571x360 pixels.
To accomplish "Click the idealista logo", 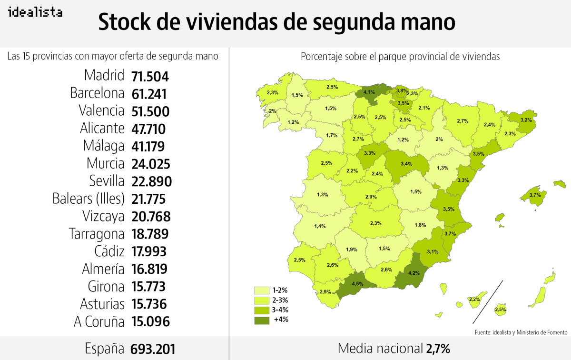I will tap(35, 12).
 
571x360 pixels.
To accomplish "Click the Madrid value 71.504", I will tap(150, 76).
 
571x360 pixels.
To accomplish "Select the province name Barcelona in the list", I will tap(97, 93).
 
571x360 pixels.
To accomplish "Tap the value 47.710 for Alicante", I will tap(149, 129).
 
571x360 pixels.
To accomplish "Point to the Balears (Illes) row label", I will tap(88, 199).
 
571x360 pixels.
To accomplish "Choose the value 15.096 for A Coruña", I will tap(150, 322).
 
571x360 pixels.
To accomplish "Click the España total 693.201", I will tap(153, 349).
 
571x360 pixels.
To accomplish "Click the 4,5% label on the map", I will tap(357, 284).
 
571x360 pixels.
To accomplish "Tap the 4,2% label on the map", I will tap(414, 273).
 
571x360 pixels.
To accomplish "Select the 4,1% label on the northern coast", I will tap(368, 92).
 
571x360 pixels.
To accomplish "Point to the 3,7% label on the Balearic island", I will tap(534, 195).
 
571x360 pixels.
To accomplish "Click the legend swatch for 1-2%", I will tap(262, 290).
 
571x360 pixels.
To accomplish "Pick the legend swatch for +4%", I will tap(262, 320).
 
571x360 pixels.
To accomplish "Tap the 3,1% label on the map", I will tap(433, 251).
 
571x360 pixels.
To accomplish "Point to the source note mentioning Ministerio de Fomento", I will tap(521, 332).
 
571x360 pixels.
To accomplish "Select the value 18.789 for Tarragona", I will tap(149, 234).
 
